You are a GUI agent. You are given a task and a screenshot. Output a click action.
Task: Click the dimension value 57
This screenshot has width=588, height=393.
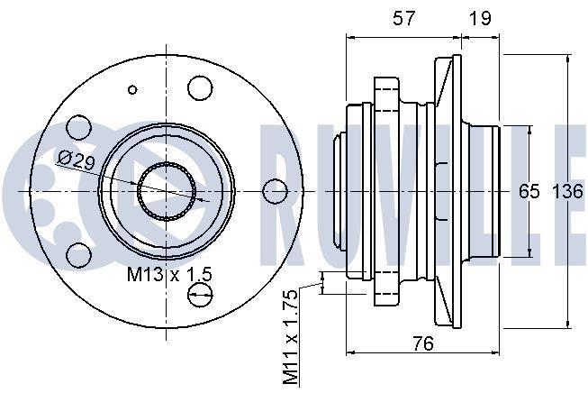coord(404,18)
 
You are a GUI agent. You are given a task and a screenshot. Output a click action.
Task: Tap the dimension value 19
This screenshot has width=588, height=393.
coord(480,18)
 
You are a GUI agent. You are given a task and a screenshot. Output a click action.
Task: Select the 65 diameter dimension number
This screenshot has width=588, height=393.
coord(529,192)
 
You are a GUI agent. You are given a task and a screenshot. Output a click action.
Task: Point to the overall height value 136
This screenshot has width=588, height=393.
coord(568,192)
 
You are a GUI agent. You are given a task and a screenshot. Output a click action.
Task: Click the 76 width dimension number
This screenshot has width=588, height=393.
coord(422,343)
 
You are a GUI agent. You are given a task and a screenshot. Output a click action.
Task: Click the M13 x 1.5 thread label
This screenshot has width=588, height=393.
coord(169,274)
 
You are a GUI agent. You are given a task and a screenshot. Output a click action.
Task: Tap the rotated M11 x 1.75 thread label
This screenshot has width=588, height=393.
coord(290,336)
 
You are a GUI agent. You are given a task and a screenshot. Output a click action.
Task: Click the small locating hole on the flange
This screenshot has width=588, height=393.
coord(132,90)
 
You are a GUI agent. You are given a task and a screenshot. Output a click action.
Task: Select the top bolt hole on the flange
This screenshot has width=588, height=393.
coord(200,88)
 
